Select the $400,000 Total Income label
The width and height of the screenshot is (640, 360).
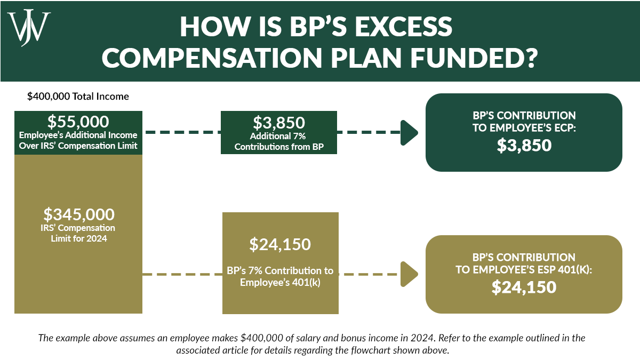78,97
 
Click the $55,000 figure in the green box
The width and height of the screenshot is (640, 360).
78,121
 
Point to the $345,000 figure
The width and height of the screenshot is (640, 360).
78,214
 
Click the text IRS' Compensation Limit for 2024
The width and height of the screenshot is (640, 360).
78,233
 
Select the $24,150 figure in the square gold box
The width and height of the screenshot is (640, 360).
280,244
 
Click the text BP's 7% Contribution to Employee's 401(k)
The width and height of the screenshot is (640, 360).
280,276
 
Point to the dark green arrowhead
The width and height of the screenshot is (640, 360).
409,132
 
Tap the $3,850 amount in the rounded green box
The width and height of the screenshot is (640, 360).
524,145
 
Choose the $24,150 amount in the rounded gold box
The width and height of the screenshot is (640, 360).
524,287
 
